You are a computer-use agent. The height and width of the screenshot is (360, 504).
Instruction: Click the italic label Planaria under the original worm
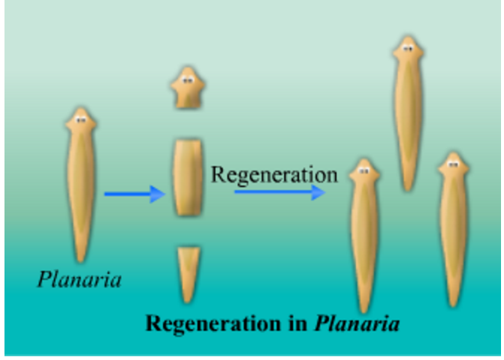[79, 280]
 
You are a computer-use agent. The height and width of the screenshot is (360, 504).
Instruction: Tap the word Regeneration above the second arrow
[274, 174]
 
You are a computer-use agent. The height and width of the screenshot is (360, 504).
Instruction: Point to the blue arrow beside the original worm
[134, 195]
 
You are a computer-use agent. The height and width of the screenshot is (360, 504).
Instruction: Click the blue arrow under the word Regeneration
[279, 192]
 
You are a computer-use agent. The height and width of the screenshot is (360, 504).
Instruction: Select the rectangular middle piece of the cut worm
[188, 177]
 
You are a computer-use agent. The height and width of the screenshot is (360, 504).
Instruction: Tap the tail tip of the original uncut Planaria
[80, 258]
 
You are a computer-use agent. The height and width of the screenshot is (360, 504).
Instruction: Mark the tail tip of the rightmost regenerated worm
[451, 304]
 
